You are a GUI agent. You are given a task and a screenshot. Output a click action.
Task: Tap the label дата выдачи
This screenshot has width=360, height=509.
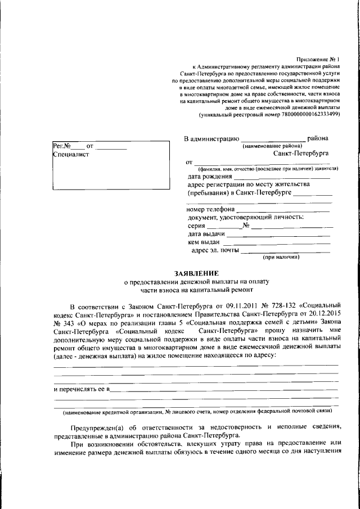coord(206,233)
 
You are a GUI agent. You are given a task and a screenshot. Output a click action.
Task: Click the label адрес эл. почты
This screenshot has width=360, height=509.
coord(215,250)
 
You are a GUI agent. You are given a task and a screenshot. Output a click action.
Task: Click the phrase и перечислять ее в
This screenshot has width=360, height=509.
coord(80,389)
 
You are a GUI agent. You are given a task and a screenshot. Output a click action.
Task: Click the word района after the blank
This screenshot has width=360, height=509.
coord(318,138)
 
